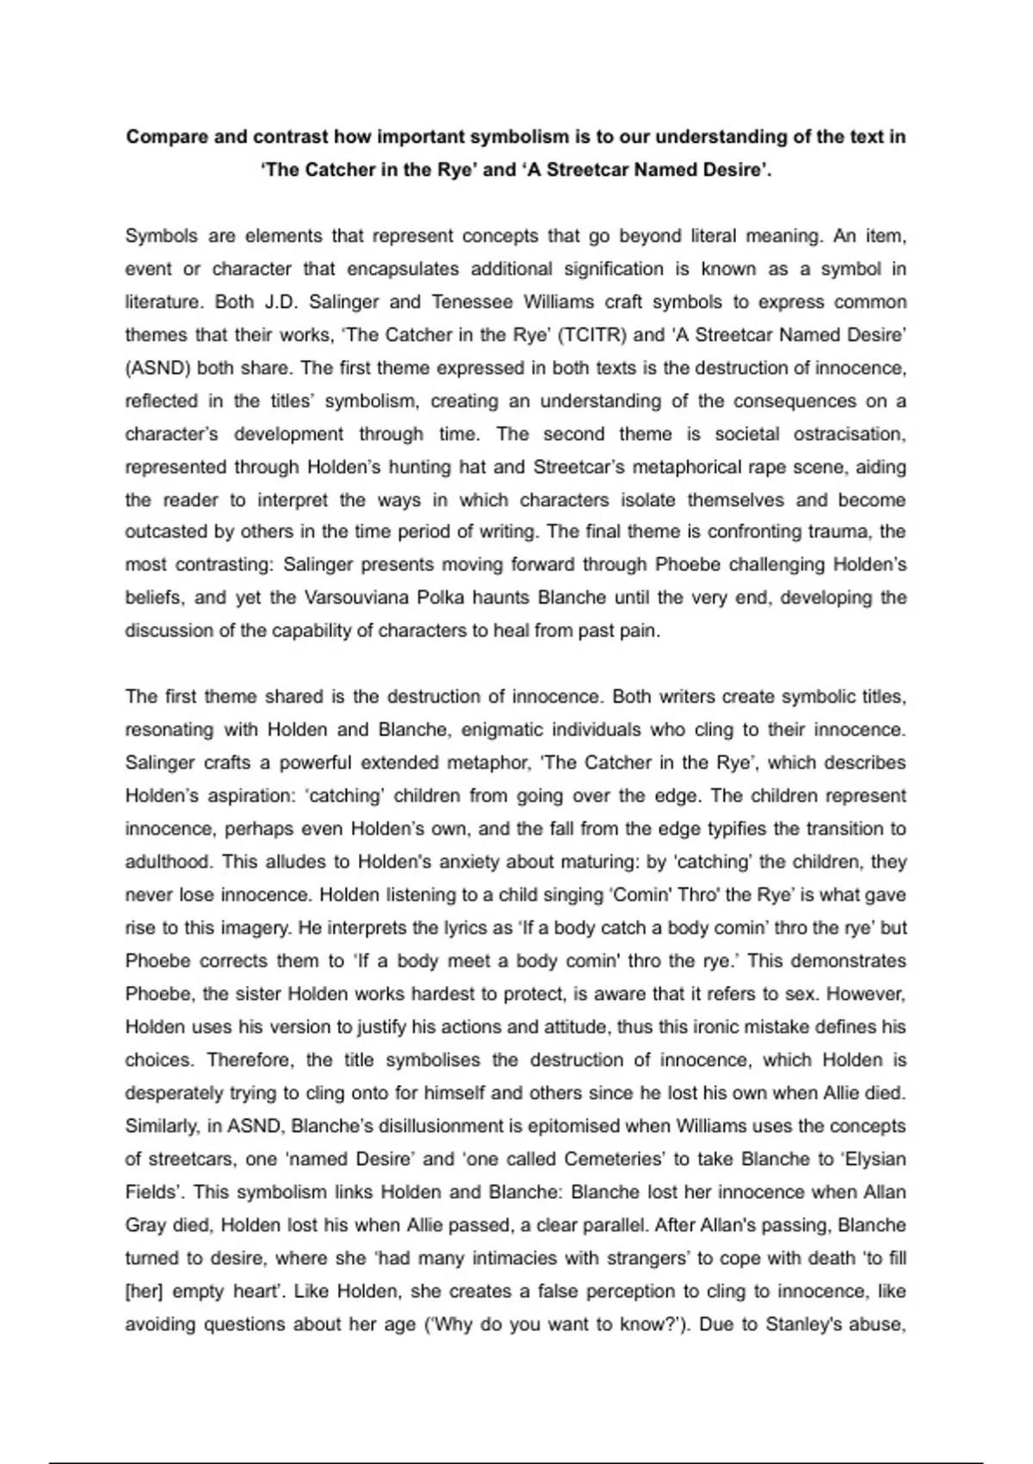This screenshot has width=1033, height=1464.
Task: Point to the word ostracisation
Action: [x=849, y=434]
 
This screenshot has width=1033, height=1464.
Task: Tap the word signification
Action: [x=614, y=270]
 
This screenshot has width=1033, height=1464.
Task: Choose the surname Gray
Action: [x=144, y=1225]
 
